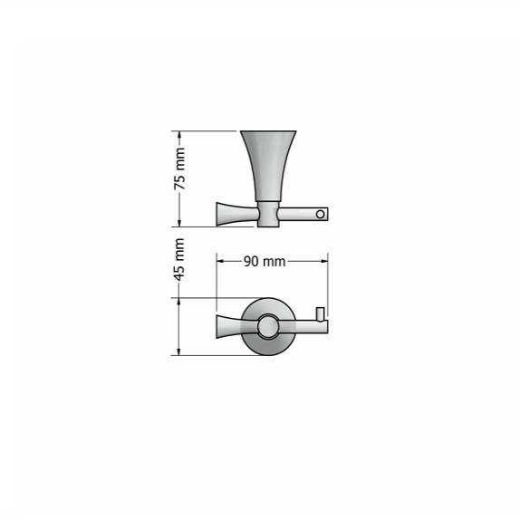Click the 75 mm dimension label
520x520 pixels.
click(180, 171)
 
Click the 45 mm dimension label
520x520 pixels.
click(180, 259)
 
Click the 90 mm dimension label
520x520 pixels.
click(265, 261)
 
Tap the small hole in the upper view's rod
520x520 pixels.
click(319, 215)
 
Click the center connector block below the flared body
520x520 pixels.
click(269, 214)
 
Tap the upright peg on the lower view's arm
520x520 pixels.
click(319, 315)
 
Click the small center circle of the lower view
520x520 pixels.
click(269, 327)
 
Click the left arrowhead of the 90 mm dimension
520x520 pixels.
click(219, 261)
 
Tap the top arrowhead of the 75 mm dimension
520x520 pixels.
click(180, 135)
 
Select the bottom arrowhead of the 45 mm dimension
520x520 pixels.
click(180, 351)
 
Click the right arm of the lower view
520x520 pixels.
click(306, 327)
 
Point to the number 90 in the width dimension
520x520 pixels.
click(253, 261)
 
